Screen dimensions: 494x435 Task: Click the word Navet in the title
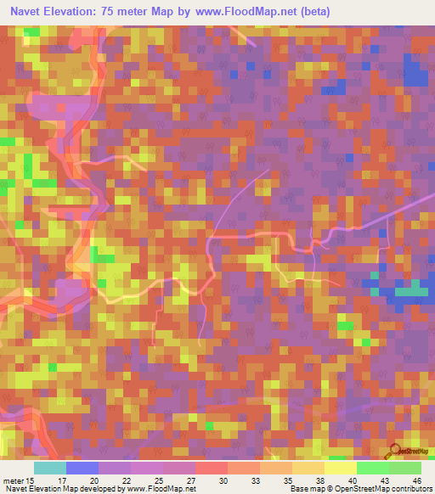[x=29, y=12]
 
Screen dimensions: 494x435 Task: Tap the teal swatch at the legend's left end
[x=50, y=468]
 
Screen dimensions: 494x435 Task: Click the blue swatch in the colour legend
[x=82, y=468]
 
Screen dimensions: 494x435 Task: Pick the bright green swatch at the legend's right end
[x=405, y=468]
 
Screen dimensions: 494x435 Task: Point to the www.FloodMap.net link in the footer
[x=162, y=489]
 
